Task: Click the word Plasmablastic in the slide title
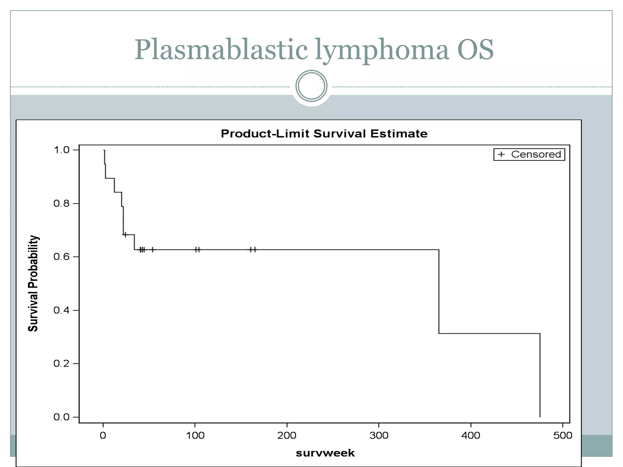click(x=221, y=50)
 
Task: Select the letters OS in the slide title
click(x=475, y=50)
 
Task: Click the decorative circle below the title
click(x=311, y=86)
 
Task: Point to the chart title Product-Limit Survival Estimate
click(x=324, y=134)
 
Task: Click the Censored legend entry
click(x=529, y=154)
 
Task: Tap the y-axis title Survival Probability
click(x=33, y=283)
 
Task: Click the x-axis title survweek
click(x=325, y=453)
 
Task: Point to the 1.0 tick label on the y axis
click(x=61, y=150)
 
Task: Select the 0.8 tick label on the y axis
click(x=61, y=203)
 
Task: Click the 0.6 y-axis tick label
click(x=61, y=257)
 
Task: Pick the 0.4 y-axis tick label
click(x=61, y=310)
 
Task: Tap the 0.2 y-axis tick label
click(x=61, y=363)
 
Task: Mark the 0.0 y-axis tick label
click(x=61, y=417)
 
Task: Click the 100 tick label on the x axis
click(x=195, y=435)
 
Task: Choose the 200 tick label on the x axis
click(x=287, y=435)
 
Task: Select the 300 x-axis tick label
click(x=379, y=435)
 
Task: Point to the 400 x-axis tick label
click(x=471, y=435)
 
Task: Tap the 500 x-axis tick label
click(x=562, y=435)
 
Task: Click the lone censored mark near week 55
click(x=153, y=250)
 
